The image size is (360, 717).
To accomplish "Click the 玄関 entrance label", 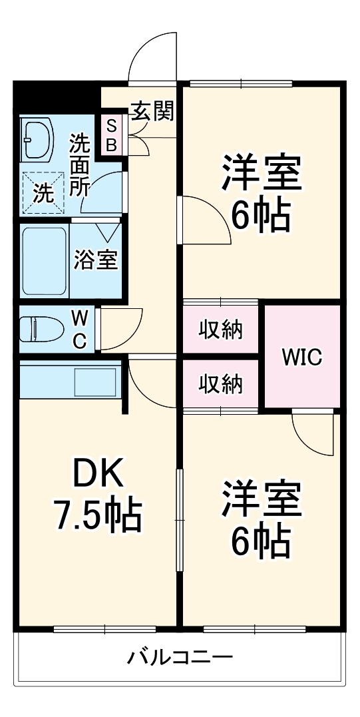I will click(152, 112).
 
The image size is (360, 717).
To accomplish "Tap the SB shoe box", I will click(111, 134).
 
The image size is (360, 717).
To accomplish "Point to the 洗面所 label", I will click(81, 164).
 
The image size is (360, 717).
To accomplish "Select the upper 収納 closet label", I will click(220, 330).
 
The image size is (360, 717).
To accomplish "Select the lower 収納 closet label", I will click(220, 384).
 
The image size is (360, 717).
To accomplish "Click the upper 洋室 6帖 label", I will click(261, 192).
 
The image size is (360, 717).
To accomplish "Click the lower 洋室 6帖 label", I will click(261, 520).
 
